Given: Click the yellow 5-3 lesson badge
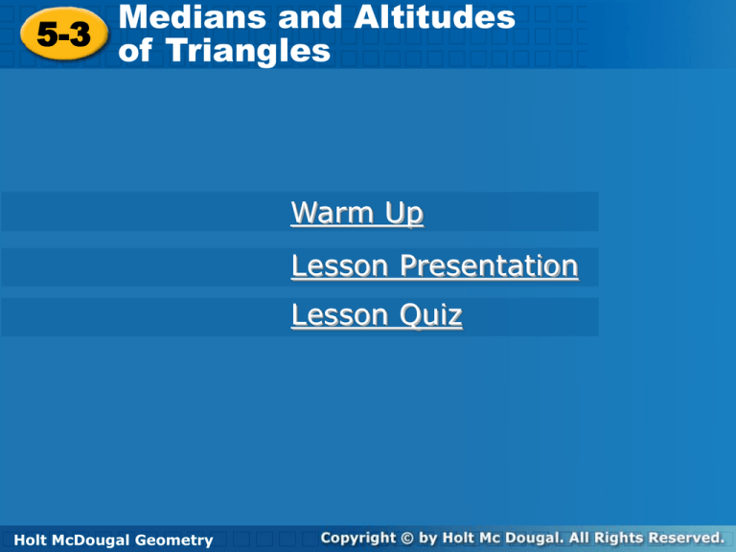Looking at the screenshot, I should tap(64, 35).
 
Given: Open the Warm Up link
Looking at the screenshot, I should tap(356, 212).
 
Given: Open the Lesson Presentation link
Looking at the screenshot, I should tap(434, 264).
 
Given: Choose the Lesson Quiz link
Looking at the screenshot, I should tap(376, 314).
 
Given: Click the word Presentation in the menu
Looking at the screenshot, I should tap(489, 264).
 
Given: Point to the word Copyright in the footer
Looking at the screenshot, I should tap(360, 539).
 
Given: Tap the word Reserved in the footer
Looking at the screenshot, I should tap(682, 539).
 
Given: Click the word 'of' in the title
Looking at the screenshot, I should tap(135, 50).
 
